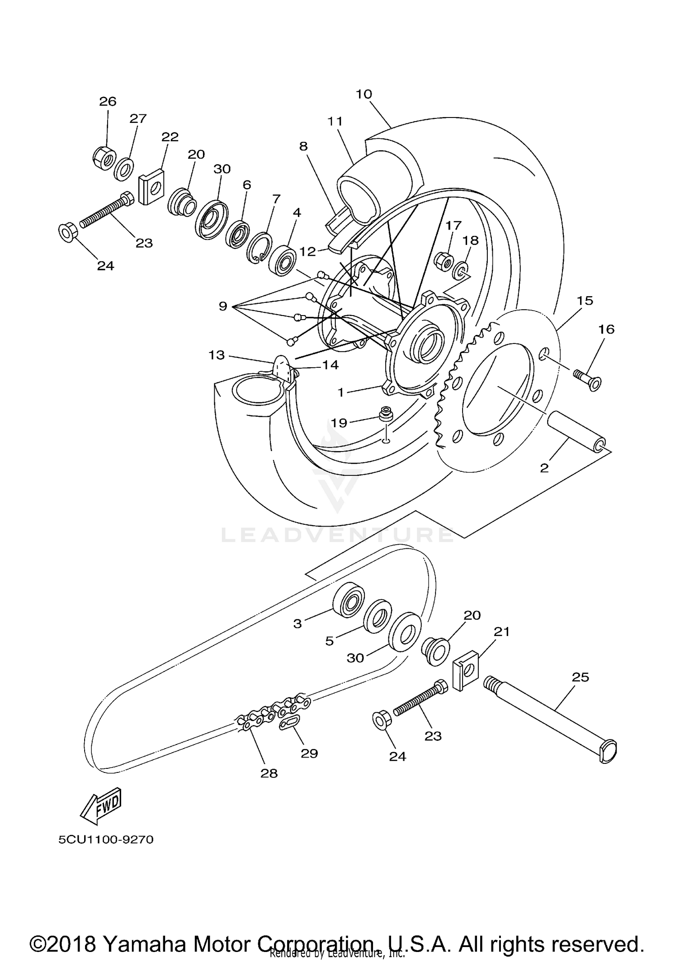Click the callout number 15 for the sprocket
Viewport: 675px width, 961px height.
pos(585,300)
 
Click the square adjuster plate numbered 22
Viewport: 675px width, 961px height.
pos(150,186)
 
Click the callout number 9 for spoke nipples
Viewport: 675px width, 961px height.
pos(223,307)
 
